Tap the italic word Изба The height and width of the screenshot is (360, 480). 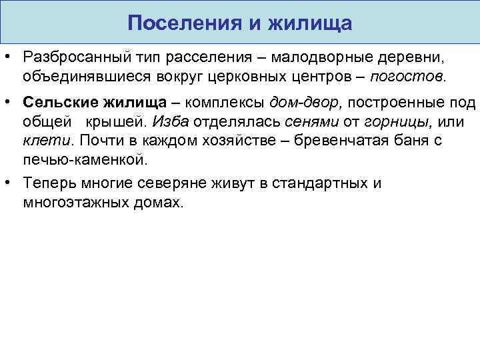168,122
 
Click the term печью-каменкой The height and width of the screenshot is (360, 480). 83,159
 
